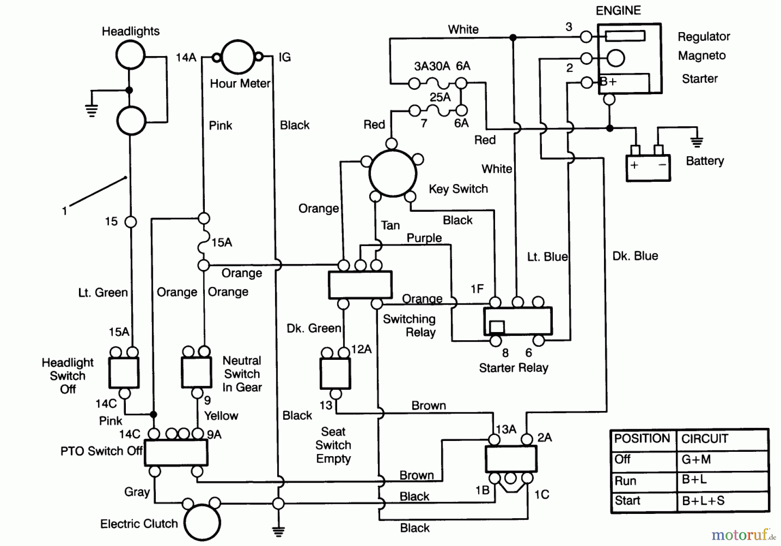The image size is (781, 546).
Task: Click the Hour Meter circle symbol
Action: [x=238, y=57]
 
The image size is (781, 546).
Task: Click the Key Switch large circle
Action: [x=393, y=173]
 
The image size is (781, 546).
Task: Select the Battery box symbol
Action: [x=648, y=168]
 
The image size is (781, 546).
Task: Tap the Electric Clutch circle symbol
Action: [x=202, y=522]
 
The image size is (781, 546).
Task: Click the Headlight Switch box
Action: [x=124, y=373]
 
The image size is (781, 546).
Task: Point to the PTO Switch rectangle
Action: [x=176, y=453]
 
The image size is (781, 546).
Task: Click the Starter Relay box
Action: [x=518, y=321]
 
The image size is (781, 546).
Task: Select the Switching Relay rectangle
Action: [x=360, y=285]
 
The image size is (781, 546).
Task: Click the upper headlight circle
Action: [x=130, y=55]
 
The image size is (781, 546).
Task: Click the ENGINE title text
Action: [x=618, y=10]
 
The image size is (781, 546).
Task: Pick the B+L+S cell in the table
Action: [x=703, y=501]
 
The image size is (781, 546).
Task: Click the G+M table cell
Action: [x=696, y=460]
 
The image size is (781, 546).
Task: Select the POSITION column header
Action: [x=642, y=439]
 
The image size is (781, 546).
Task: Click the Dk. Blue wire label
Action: [x=635, y=256]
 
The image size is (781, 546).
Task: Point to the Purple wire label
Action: [x=424, y=238]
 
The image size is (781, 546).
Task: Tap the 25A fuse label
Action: [x=440, y=97]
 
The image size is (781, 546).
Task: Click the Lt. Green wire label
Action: [x=103, y=293]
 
